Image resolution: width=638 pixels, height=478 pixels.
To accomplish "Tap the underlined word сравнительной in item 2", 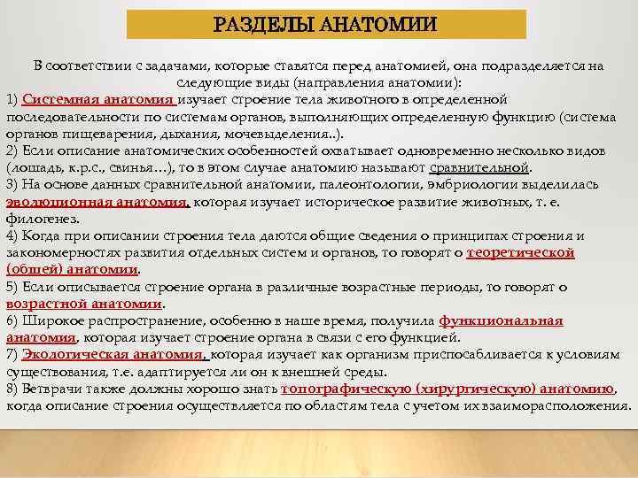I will [479, 167].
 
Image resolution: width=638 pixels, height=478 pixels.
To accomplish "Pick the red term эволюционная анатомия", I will [97, 201].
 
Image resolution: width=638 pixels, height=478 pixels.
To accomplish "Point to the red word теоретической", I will [521, 252].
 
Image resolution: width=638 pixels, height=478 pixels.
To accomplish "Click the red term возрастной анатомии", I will [85, 304].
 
